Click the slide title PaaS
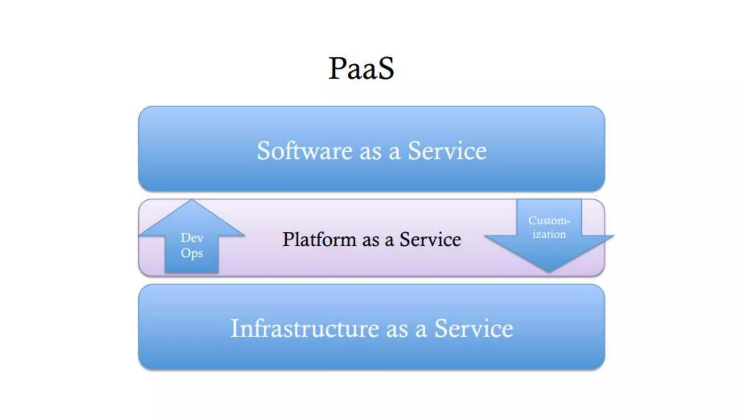pyautogui.click(x=361, y=68)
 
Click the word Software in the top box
pyautogui.click(x=304, y=151)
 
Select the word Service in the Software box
pyautogui.click(x=447, y=151)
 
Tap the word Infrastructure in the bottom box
pyautogui.click(x=304, y=328)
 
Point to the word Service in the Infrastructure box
pyautogui.click(x=474, y=328)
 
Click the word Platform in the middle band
pyautogui.click(x=319, y=239)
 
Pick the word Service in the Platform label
pyautogui.click(x=430, y=239)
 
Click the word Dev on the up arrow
pyautogui.click(x=192, y=238)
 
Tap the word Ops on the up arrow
pyautogui.click(x=192, y=253)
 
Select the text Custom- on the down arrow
pyautogui.click(x=549, y=221)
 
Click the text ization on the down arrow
pyautogui.click(x=549, y=235)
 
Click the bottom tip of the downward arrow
pyautogui.click(x=549, y=271)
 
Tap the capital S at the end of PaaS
pyautogui.click(x=385, y=68)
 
